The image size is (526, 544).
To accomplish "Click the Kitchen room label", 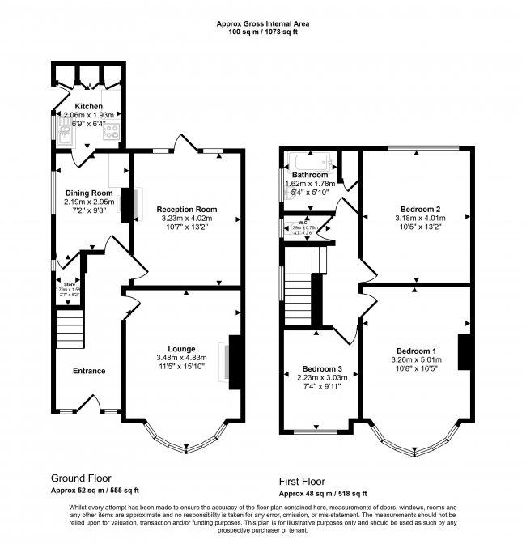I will pos(88,107).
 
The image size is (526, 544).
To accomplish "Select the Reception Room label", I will pos(187,209).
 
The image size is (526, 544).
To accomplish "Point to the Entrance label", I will pos(89,371).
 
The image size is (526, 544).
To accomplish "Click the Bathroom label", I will pos(310,175).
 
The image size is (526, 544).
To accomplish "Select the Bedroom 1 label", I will pos(414,340).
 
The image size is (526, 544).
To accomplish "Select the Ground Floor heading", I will pos(81,478).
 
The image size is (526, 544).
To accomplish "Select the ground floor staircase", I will pos(70,332).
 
